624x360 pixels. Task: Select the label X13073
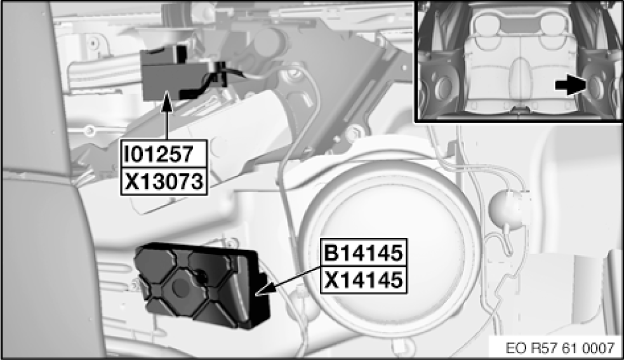164,181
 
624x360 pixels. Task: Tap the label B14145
364,252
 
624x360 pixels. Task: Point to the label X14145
364,279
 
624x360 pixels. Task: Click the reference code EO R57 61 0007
560,348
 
